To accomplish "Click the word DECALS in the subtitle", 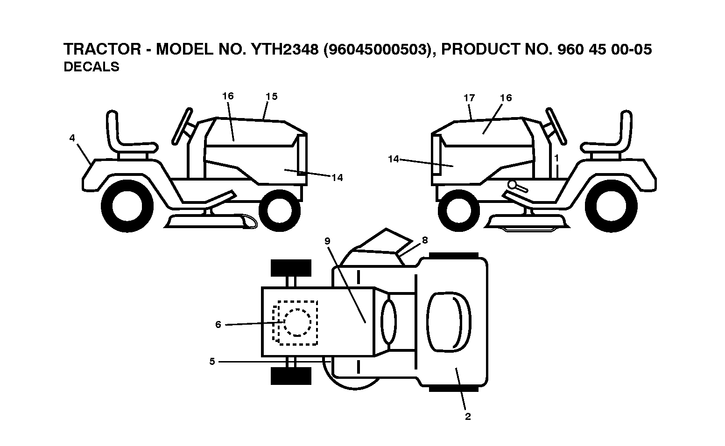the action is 92,67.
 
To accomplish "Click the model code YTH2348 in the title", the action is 285,49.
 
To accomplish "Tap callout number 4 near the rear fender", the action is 72,138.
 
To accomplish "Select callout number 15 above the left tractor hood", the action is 272,97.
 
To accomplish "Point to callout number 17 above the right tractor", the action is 469,98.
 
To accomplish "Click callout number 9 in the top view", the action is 327,241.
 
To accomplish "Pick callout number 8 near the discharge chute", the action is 425,240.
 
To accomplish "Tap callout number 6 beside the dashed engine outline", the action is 218,324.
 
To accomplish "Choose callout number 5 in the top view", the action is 212,361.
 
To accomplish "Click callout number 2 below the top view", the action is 468,417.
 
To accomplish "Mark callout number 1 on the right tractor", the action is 556,158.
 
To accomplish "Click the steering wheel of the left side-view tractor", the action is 182,126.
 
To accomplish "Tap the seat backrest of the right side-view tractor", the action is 625,129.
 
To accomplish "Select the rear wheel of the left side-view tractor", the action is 127,206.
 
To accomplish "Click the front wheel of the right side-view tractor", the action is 458,210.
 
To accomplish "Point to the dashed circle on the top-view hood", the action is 297,322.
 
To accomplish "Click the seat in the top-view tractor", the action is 449,322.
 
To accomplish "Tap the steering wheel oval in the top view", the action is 388,321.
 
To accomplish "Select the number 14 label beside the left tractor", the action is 337,178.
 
